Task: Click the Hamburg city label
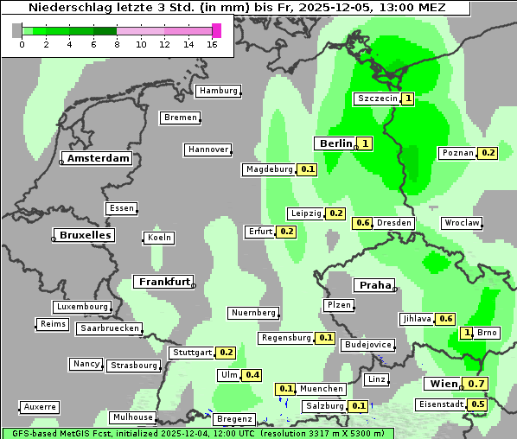218,91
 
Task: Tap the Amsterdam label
99,158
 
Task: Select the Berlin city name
335,143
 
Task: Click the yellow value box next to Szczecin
408,99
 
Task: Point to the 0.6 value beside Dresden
363,223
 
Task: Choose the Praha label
375,285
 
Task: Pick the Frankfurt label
164,282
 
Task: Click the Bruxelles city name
84,235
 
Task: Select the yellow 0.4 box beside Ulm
252,375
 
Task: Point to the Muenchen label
322,389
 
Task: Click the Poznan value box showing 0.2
488,153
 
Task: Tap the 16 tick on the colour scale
213,44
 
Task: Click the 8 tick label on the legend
117,44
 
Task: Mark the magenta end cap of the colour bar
216,30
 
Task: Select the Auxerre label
41,406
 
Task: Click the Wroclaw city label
462,223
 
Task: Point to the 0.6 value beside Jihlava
447,319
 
